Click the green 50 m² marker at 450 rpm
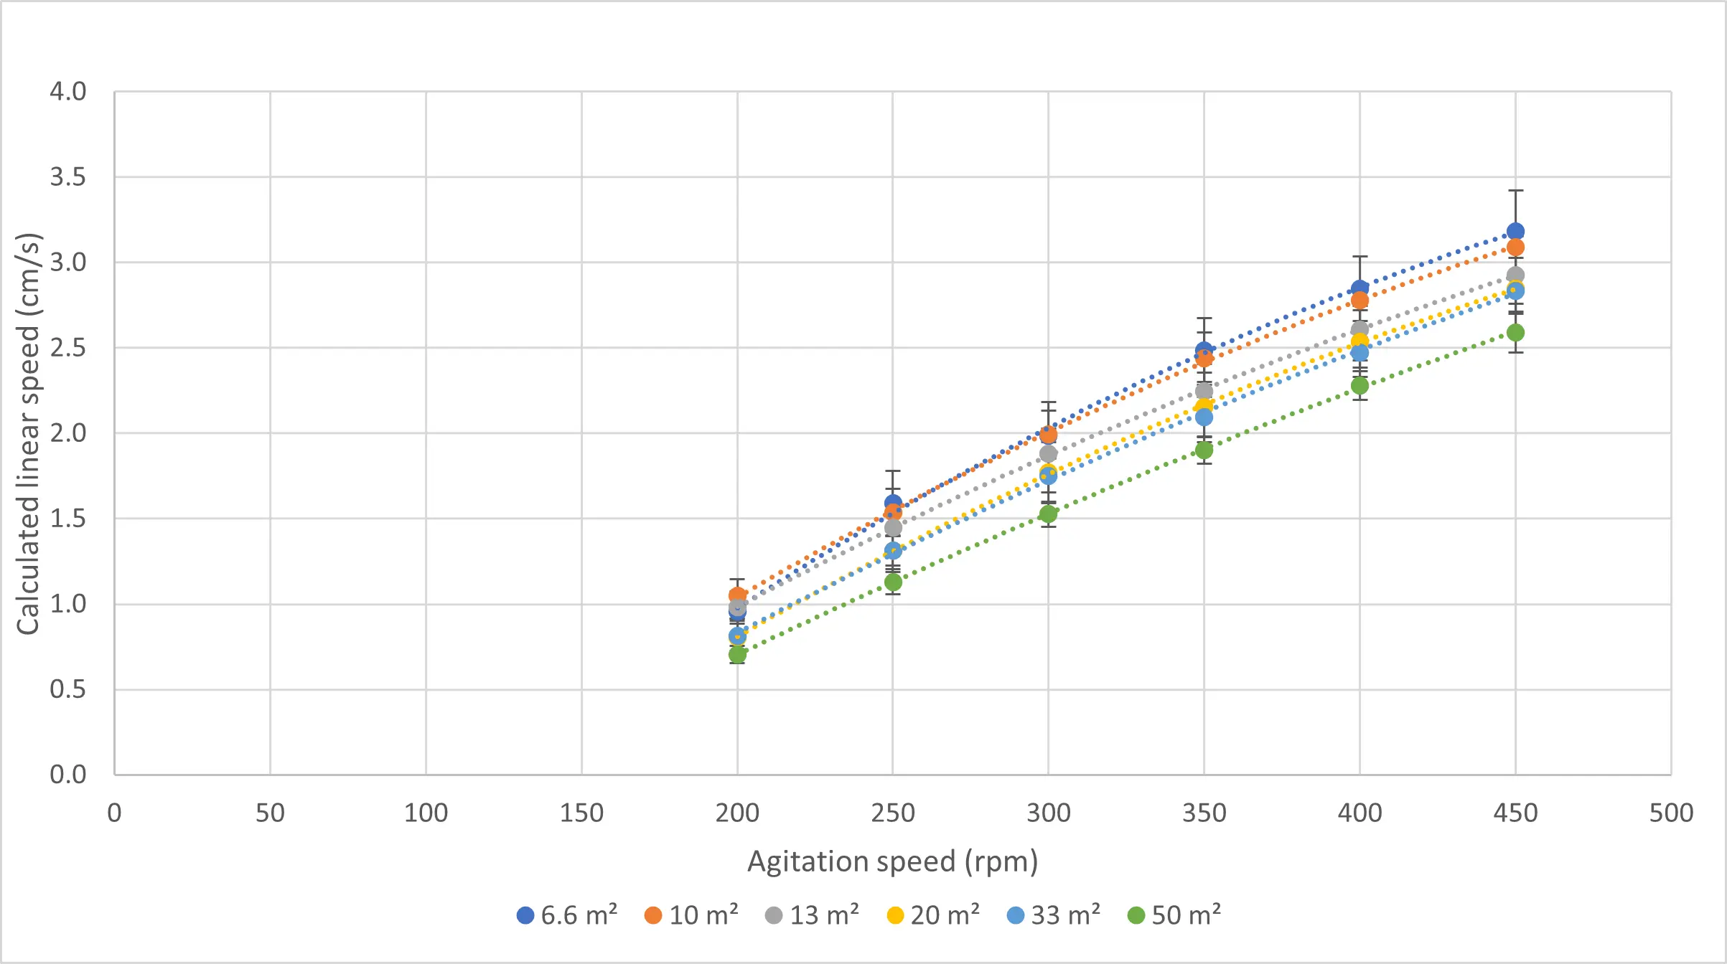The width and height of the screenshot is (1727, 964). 1515,332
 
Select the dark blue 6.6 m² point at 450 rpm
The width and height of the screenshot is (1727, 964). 1515,231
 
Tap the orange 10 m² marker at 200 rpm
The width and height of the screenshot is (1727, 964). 737,595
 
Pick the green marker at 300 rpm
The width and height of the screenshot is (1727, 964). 1048,514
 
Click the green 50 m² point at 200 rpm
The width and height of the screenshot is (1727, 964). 737,654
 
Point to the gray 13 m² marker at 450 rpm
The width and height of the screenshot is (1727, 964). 1515,275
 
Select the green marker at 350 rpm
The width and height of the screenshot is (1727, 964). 1204,450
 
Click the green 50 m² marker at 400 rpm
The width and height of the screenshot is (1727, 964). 1359,385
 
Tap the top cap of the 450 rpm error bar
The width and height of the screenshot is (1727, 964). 1515,191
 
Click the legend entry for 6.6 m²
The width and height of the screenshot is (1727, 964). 567,915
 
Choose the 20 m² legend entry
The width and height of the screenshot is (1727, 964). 933,915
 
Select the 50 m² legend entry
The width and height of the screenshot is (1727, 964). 1174,915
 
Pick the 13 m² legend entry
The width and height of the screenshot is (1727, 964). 813,915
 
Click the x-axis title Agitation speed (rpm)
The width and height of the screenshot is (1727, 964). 892,861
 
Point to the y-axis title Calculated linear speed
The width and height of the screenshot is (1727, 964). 29,433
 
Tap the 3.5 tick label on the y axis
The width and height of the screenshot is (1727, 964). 67,176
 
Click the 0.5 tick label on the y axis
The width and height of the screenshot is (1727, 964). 67,689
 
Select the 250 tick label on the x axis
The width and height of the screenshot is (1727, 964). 892,813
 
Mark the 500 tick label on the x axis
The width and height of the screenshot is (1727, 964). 1670,813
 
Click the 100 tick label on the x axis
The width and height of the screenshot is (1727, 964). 426,813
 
